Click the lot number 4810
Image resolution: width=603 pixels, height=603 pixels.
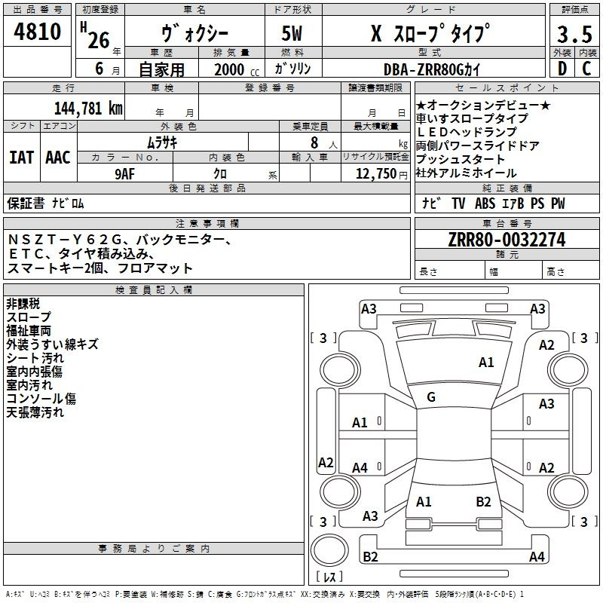pos(37,32)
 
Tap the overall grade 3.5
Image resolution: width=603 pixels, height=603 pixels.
pos(574,35)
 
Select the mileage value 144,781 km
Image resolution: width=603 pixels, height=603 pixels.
pos(88,109)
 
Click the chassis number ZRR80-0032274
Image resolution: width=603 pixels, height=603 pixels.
pos(507,240)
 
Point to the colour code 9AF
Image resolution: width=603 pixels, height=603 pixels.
pos(125,174)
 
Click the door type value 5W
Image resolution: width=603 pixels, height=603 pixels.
pos(292,33)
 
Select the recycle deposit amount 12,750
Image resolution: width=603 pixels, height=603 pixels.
pos(376,174)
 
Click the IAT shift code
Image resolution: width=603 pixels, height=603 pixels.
pos(22,158)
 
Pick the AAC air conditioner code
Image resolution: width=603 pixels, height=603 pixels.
pos(58,158)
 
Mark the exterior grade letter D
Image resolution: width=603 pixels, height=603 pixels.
pos(562,69)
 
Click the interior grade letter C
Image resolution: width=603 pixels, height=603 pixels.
pos(587,69)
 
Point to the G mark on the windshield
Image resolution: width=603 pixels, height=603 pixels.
pos(431,397)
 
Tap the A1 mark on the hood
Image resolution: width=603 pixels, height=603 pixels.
pos(486,363)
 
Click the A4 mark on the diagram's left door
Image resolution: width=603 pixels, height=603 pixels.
pos(360,468)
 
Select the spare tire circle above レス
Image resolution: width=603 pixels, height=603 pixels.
pos(329,550)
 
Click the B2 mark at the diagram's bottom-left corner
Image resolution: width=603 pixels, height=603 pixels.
pos(370,556)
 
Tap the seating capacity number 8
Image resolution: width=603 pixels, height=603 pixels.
pos(314,142)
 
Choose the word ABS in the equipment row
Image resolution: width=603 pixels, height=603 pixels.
pos(485,204)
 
